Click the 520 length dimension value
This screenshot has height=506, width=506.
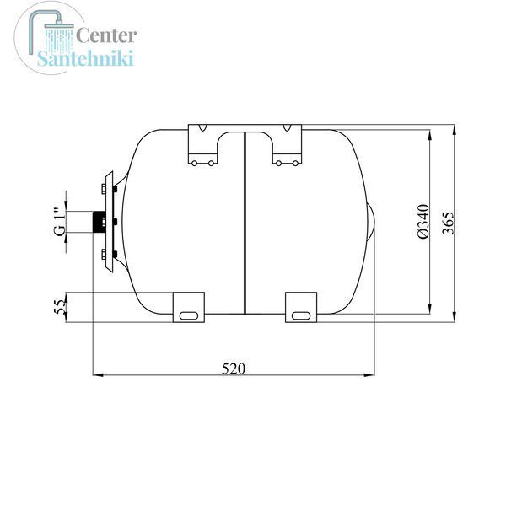[x=234, y=369]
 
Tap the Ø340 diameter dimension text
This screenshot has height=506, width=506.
[x=423, y=222]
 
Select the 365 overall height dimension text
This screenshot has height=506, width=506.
[x=448, y=223]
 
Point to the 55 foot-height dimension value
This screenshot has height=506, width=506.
[x=59, y=307]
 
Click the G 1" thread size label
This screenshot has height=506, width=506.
[x=59, y=222]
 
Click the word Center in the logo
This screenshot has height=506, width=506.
[x=106, y=35]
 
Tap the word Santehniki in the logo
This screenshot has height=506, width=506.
[x=85, y=58]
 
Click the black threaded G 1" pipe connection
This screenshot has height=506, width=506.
[x=99, y=222]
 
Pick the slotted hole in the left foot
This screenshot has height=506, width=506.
[x=189, y=315]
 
